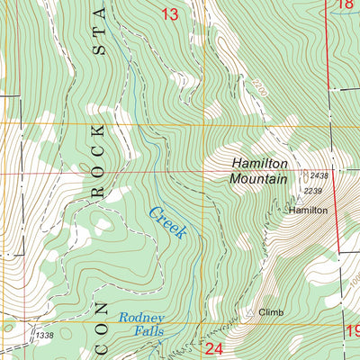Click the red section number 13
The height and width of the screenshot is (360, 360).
tap(169, 13)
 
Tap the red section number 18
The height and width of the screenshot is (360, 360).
tap(346, 5)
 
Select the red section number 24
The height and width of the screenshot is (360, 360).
tap(213, 348)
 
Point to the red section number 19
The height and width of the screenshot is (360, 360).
tap(352, 334)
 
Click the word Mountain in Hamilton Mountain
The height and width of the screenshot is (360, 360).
tap(257, 179)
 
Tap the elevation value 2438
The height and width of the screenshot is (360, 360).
tap(319, 175)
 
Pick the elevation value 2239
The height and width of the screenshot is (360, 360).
tap(313, 191)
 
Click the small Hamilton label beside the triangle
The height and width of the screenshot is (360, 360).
tap(308, 210)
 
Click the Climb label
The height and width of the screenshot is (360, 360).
tap(271, 313)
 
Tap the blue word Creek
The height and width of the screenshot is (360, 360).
tap(167, 223)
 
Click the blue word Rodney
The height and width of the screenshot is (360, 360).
tap(142, 319)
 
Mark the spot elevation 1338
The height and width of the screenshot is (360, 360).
tap(44, 335)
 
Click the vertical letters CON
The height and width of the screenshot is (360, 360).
tap(97, 310)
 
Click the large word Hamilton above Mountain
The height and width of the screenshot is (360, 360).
tap(259, 164)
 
